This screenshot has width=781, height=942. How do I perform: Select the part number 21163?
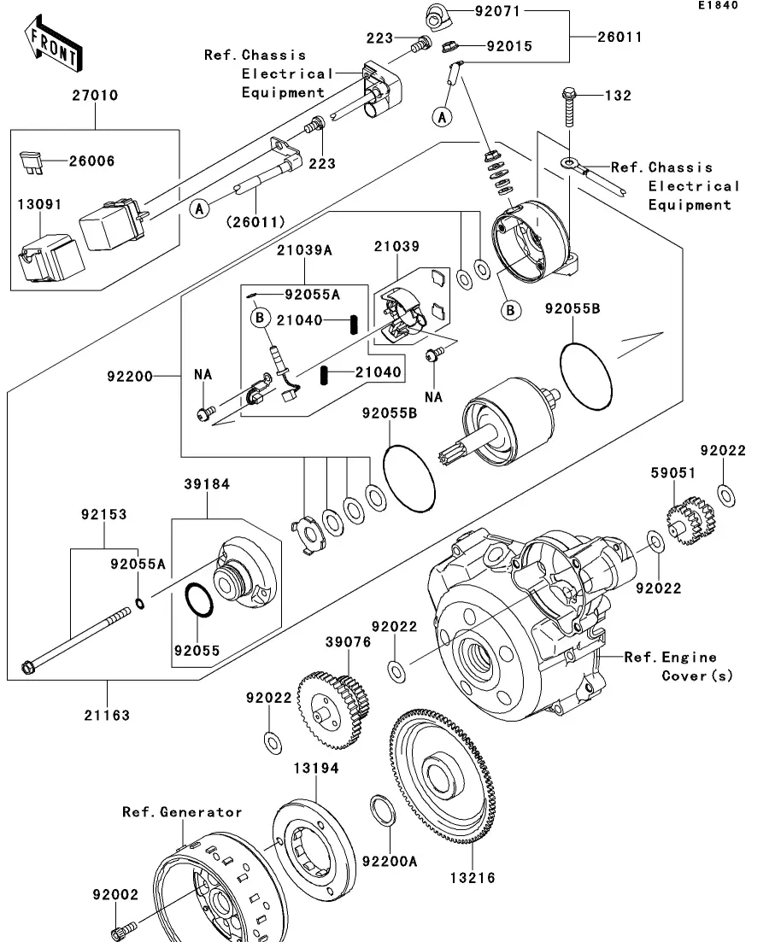click(x=108, y=716)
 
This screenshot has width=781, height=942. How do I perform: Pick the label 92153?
click(x=104, y=515)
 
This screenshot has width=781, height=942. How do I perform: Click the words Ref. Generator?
click(x=181, y=812)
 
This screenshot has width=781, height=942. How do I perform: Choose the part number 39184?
click(x=207, y=484)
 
